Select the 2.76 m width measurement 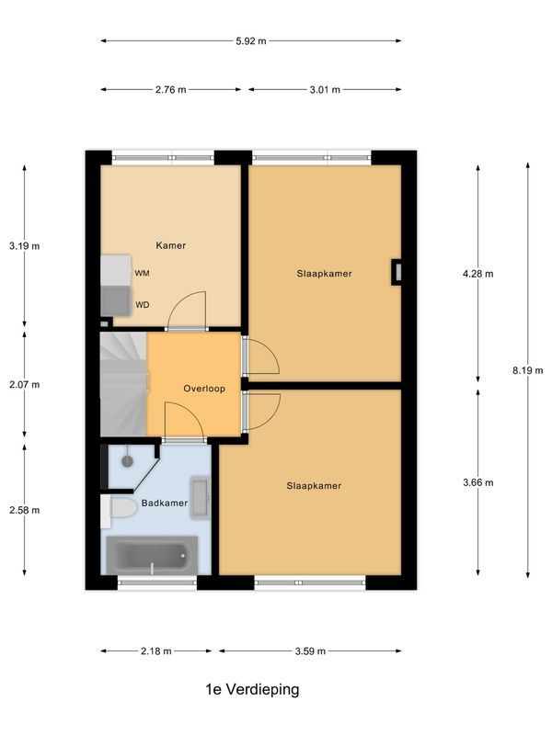169,90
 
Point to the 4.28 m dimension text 477,274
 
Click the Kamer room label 171,245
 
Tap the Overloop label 203,389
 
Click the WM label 143,274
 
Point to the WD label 143,305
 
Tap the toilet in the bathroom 121,511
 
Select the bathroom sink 200,494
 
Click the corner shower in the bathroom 127,464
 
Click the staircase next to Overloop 122,383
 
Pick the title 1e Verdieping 252,689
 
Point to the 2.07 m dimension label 24,385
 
